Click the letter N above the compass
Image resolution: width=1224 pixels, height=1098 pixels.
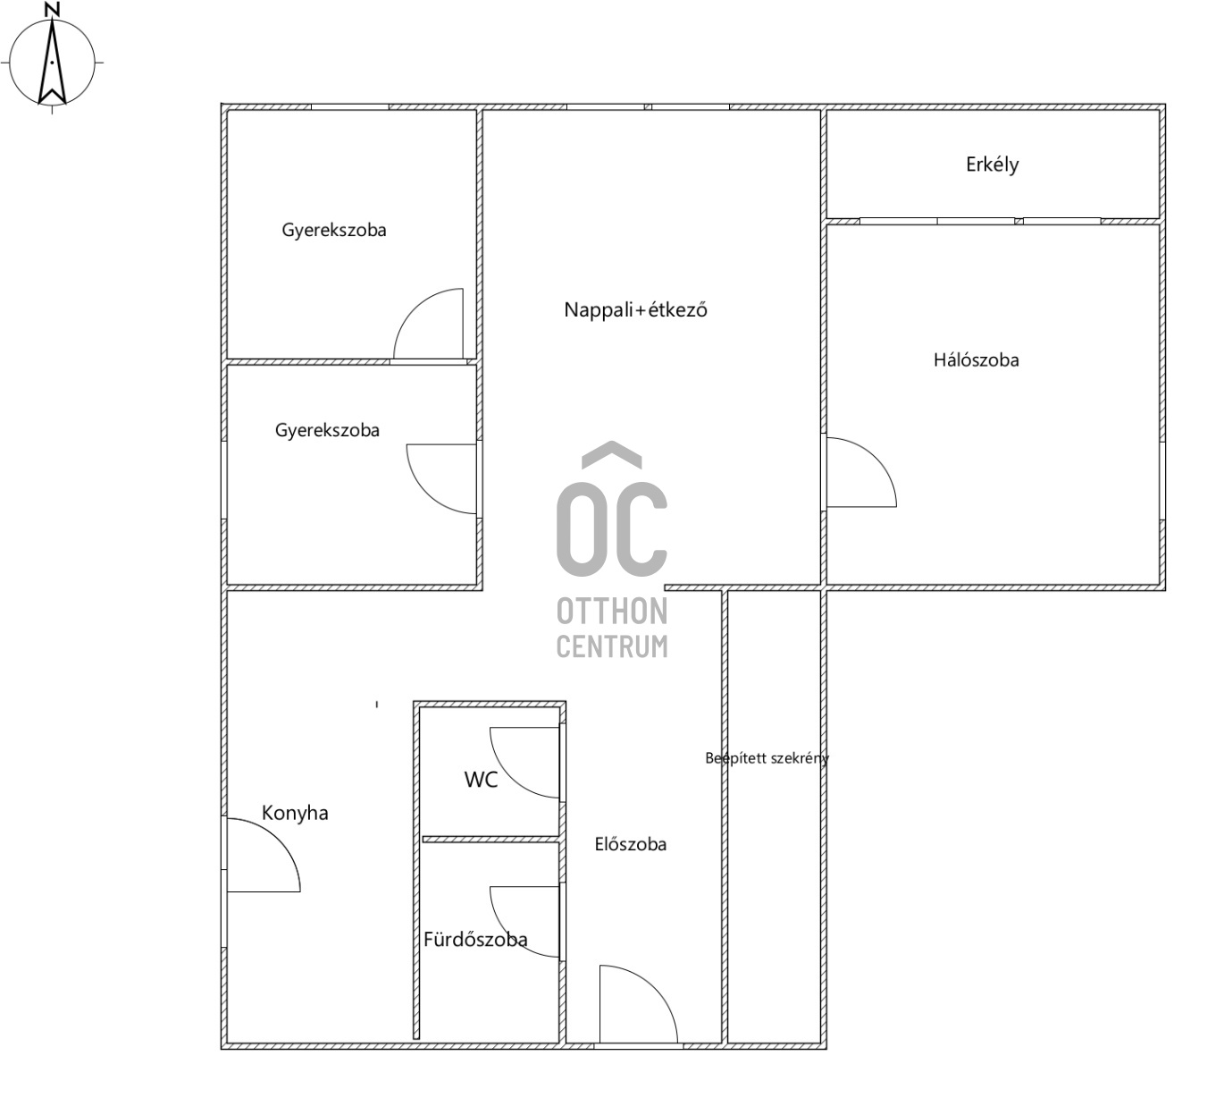54,10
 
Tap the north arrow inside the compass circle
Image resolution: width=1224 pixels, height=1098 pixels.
53,61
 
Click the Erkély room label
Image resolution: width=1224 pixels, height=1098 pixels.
992,165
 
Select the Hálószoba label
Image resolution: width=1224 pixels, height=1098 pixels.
976,360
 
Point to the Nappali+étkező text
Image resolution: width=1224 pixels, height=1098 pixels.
635,310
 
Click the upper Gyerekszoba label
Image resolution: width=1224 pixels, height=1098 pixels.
333,231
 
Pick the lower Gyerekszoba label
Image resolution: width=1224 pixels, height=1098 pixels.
327,430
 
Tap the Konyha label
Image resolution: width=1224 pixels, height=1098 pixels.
295,814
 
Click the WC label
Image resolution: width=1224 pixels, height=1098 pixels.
481,780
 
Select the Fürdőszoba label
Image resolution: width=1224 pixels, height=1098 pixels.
475,940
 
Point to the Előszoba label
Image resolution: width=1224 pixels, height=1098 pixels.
630,844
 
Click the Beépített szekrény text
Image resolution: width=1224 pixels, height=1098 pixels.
767,758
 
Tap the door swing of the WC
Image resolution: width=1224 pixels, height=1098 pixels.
510,778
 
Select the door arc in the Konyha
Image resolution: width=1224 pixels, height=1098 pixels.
279,840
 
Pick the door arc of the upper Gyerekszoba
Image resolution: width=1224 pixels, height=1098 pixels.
415,309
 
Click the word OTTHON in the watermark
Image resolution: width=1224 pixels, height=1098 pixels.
612,612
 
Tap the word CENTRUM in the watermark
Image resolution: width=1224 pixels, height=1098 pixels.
612,646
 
